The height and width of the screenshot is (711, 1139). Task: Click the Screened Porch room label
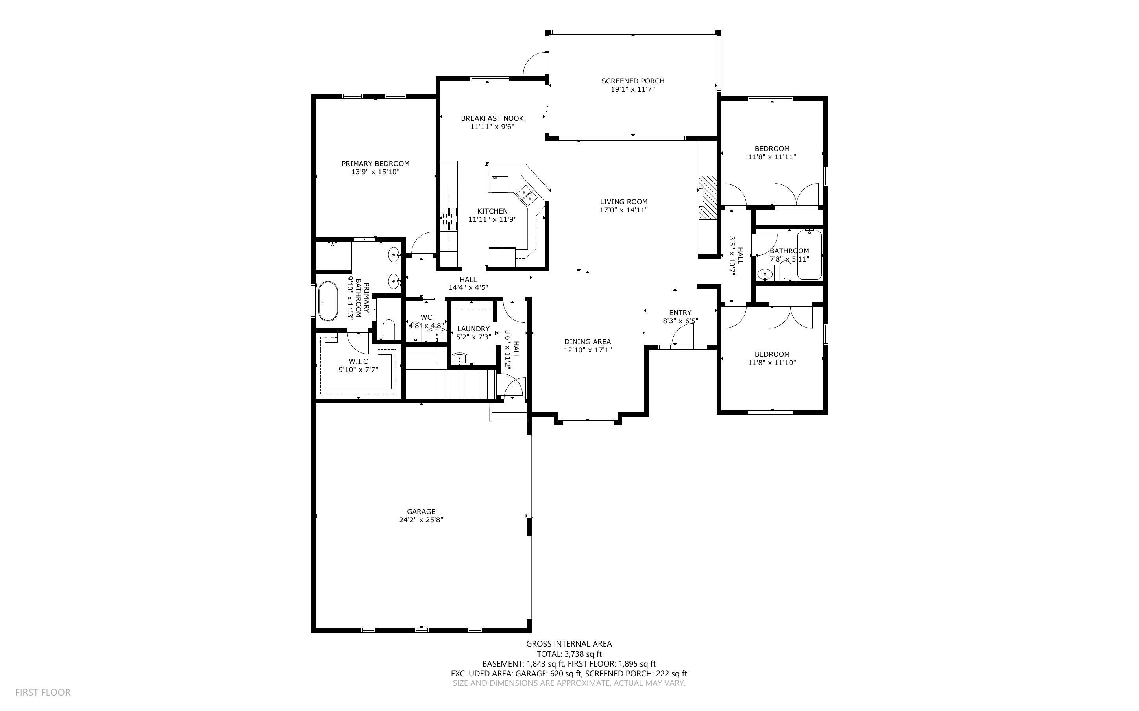tap(633, 81)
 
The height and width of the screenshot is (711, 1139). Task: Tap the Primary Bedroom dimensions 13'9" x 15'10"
tap(375, 172)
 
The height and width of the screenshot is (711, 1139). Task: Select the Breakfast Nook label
tap(492, 118)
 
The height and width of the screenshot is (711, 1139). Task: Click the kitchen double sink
tap(526, 195)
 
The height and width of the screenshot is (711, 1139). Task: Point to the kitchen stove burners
tap(449, 219)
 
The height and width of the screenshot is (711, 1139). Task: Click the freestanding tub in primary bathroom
tap(328, 301)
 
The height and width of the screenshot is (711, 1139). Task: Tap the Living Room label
tap(624, 202)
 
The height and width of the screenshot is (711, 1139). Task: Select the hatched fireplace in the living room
tap(707, 197)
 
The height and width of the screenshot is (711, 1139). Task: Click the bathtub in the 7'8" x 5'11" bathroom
tap(810, 255)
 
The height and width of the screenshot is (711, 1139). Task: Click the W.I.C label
tap(359, 361)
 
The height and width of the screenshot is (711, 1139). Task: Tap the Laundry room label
tap(473, 329)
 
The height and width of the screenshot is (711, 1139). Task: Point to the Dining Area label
tap(588, 342)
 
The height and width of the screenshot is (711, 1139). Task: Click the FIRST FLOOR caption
tap(43, 692)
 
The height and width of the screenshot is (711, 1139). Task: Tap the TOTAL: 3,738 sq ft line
tap(569, 654)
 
